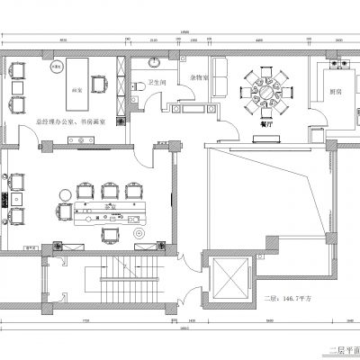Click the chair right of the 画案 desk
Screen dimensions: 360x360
point(107,86)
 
